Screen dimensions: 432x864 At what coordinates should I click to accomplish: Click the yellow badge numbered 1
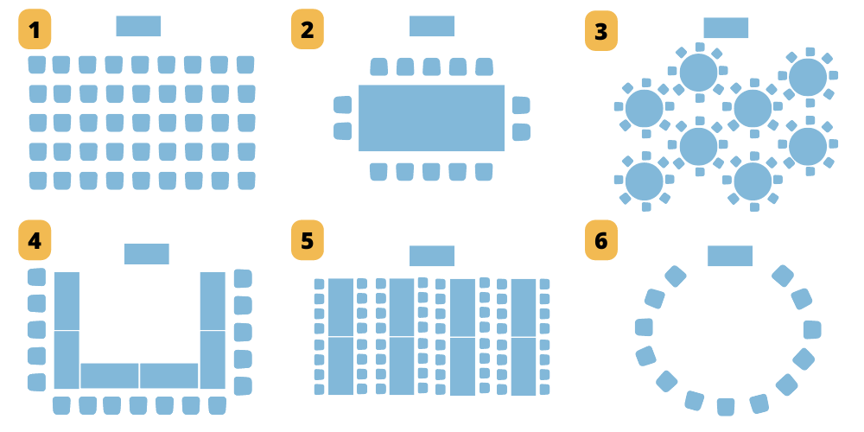pyautogui.click(x=35, y=31)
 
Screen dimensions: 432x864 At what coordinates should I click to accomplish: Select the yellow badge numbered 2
pyautogui.click(x=307, y=31)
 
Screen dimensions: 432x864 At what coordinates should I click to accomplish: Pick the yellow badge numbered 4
pyautogui.click(x=35, y=241)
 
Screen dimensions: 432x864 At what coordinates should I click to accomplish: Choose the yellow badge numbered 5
pyautogui.click(x=307, y=241)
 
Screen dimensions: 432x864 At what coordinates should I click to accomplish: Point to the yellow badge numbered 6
pyautogui.click(x=600, y=241)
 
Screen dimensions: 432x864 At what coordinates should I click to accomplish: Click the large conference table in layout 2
pyautogui.click(x=431, y=118)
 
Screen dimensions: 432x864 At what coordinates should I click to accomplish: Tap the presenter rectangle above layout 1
pyautogui.click(x=138, y=27)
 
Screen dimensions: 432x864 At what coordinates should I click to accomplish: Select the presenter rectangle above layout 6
pyautogui.click(x=730, y=256)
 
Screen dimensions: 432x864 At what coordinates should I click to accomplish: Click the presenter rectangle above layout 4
pyautogui.click(x=146, y=254)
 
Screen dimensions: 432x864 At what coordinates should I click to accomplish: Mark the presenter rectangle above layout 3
pyautogui.click(x=726, y=28)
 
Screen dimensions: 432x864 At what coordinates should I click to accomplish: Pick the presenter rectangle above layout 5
pyautogui.click(x=431, y=256)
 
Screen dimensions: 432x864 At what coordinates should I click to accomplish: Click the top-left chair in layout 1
pyautogui.click(x=36, y=65)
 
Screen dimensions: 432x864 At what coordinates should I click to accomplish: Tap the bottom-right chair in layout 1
pyautogui.click(x=246, y=181)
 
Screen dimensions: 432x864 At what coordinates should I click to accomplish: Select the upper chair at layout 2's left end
pyautogui.click(x=343, y=105)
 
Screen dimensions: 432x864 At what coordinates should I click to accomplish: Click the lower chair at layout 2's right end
pyautogui.click(x=520, y=132)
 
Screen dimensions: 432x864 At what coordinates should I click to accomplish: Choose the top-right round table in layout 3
pyautogui.click(x=808, y=77)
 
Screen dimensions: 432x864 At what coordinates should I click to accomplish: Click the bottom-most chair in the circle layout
pyautogui.click(x=726, y=406)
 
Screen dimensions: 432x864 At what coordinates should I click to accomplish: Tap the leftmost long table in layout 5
pyautogui.click(x=340, y=336)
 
